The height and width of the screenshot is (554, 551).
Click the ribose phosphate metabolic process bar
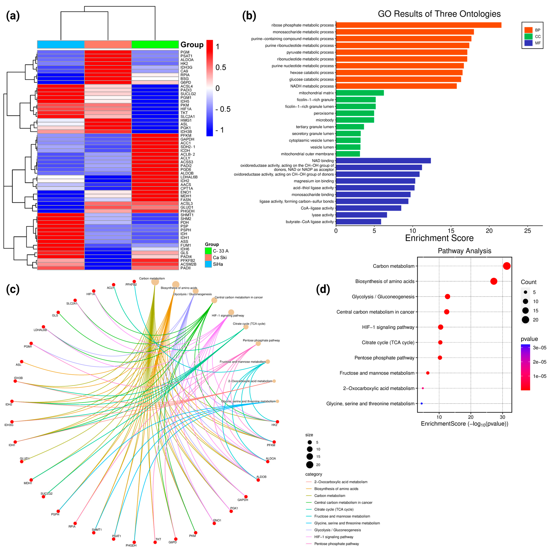point(418,25)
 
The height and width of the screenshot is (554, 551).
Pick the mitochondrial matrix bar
point(360,93)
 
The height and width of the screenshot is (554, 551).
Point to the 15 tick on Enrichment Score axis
point(451,231)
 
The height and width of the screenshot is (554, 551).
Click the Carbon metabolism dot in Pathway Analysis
point(507,266)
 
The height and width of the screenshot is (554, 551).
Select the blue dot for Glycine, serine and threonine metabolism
point(421,403)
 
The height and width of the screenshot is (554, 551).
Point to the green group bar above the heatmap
point(155,44)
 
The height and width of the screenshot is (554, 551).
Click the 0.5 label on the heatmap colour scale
point(221,67)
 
